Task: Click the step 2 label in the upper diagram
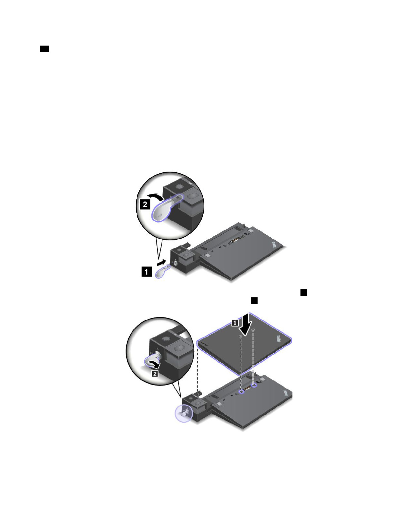[x=145, y=204]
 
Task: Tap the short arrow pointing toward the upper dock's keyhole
[x=162, y=261]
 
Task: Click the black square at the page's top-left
[x=45, y=49]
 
